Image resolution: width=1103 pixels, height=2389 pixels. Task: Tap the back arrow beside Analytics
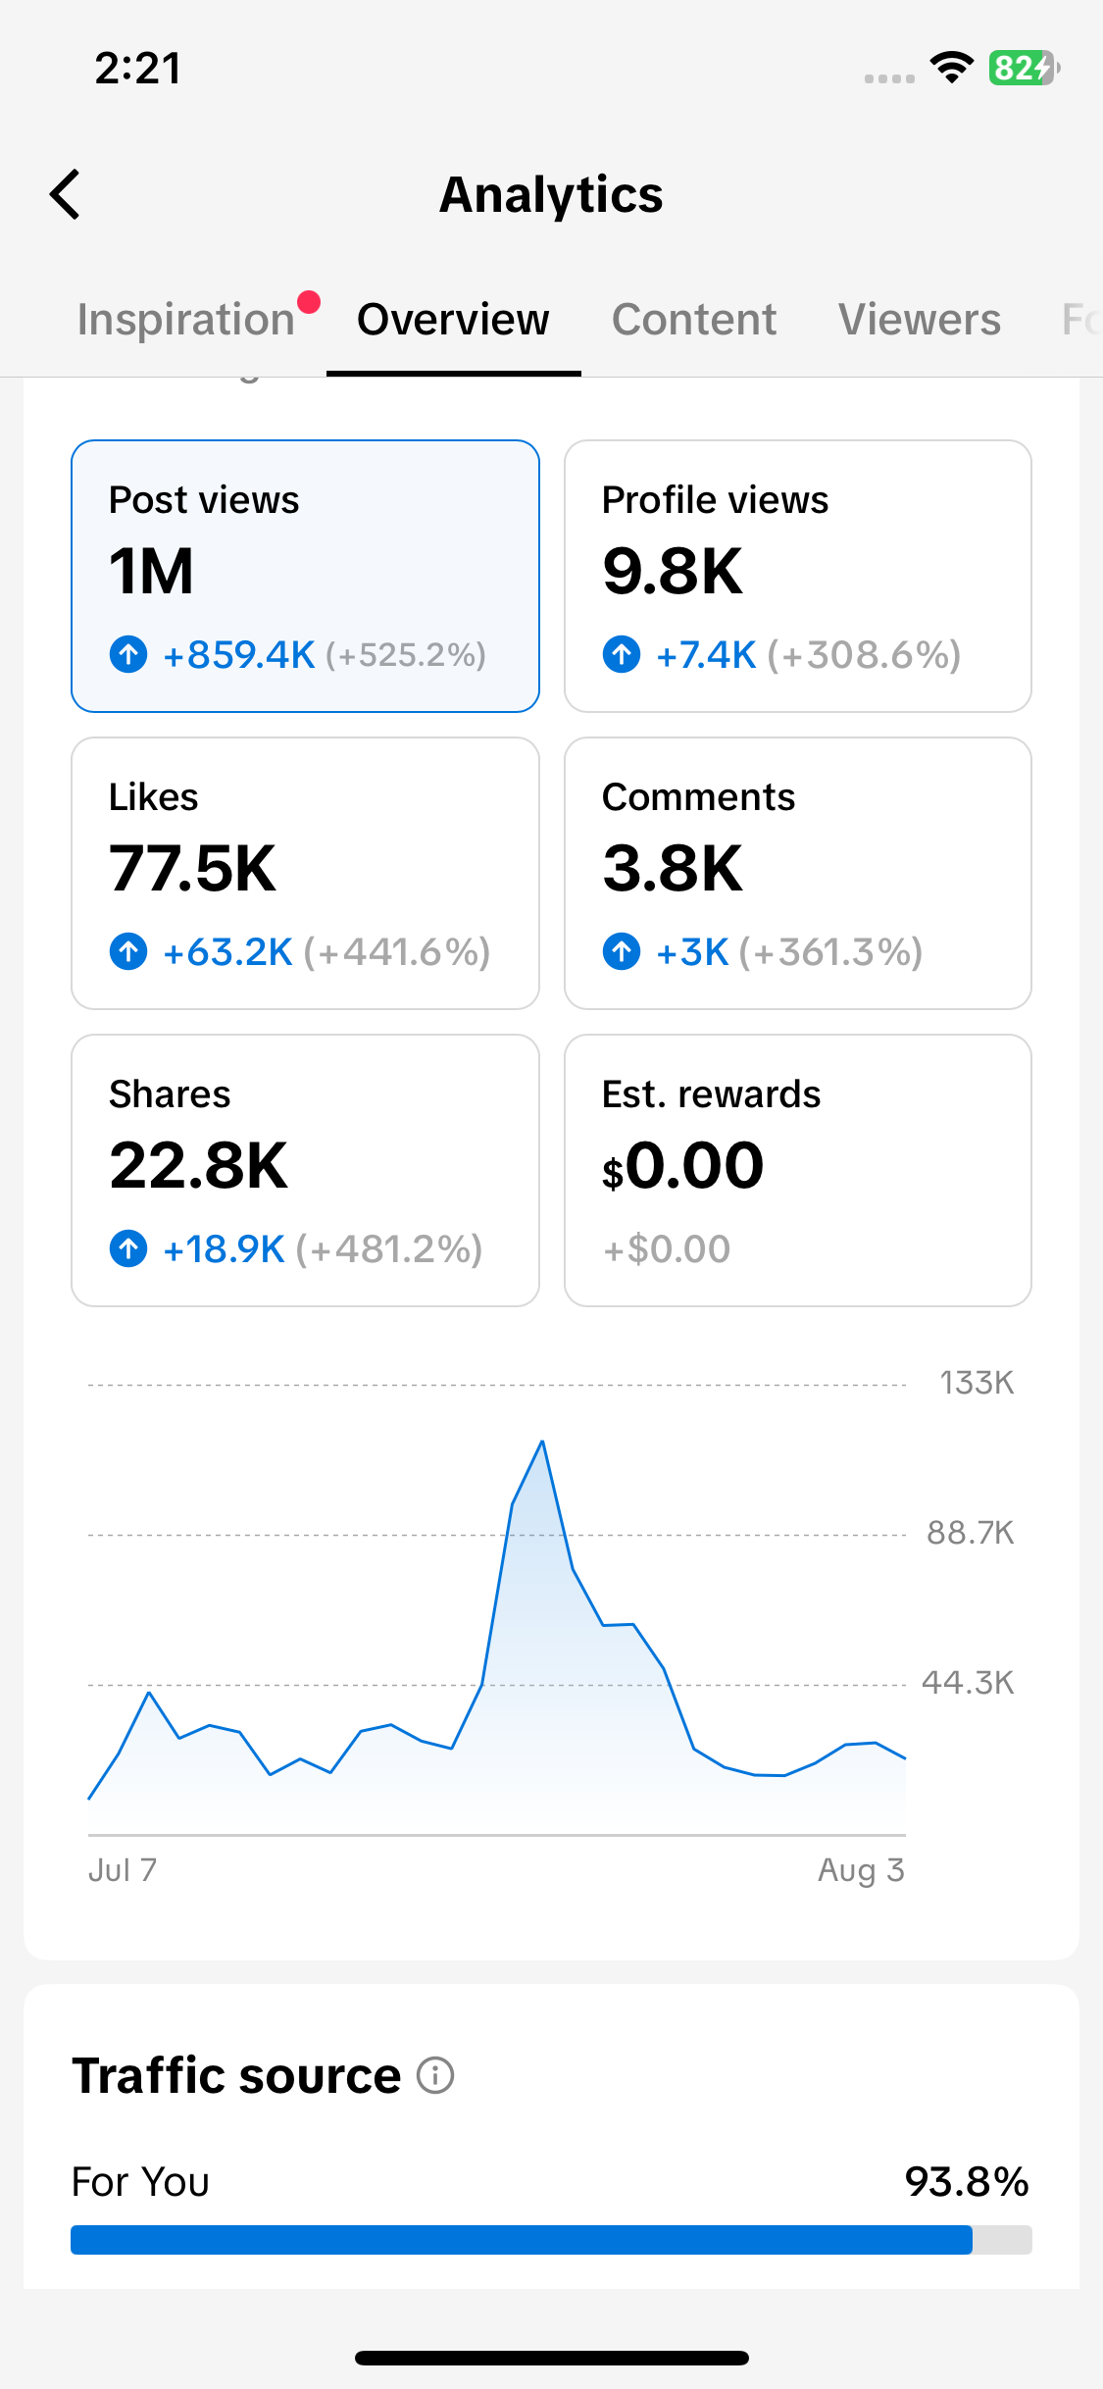tap(65, 194)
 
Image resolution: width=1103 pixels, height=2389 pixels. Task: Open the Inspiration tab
tap(186, 320)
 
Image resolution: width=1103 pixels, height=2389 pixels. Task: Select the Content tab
tap(694, 320)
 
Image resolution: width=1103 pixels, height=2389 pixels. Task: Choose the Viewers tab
tap(920, 320)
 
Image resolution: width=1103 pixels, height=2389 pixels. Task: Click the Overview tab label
tap(453, 320)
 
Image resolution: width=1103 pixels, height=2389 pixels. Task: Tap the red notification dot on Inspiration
tap(309, 302)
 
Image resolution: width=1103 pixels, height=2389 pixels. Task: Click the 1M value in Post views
tap(152, 571)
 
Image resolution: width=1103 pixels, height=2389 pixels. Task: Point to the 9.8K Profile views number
tap(673, 571)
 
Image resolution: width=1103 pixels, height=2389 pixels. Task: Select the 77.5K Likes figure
tap(193, 868)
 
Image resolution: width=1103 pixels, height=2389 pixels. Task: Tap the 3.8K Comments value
tap(673, 868)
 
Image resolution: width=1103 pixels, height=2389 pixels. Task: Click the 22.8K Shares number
tap(199, 1165)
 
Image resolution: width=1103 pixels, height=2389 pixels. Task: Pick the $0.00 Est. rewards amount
tap(682, 1165)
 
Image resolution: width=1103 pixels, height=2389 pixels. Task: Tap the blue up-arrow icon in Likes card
tap(128, 951)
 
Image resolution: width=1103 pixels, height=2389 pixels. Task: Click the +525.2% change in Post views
tap(406, 655)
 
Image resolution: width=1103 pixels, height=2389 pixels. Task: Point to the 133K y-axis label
tap(977, 1383)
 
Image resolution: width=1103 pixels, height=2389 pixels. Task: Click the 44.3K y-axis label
tap(968, 1683)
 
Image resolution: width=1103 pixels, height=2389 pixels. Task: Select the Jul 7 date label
tap(123, 1870)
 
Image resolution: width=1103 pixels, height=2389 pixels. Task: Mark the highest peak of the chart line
tap(542, 1442)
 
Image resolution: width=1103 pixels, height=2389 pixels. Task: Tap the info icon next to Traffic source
tap(435, 2075)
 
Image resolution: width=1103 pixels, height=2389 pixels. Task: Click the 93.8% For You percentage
tap(967, 2182)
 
